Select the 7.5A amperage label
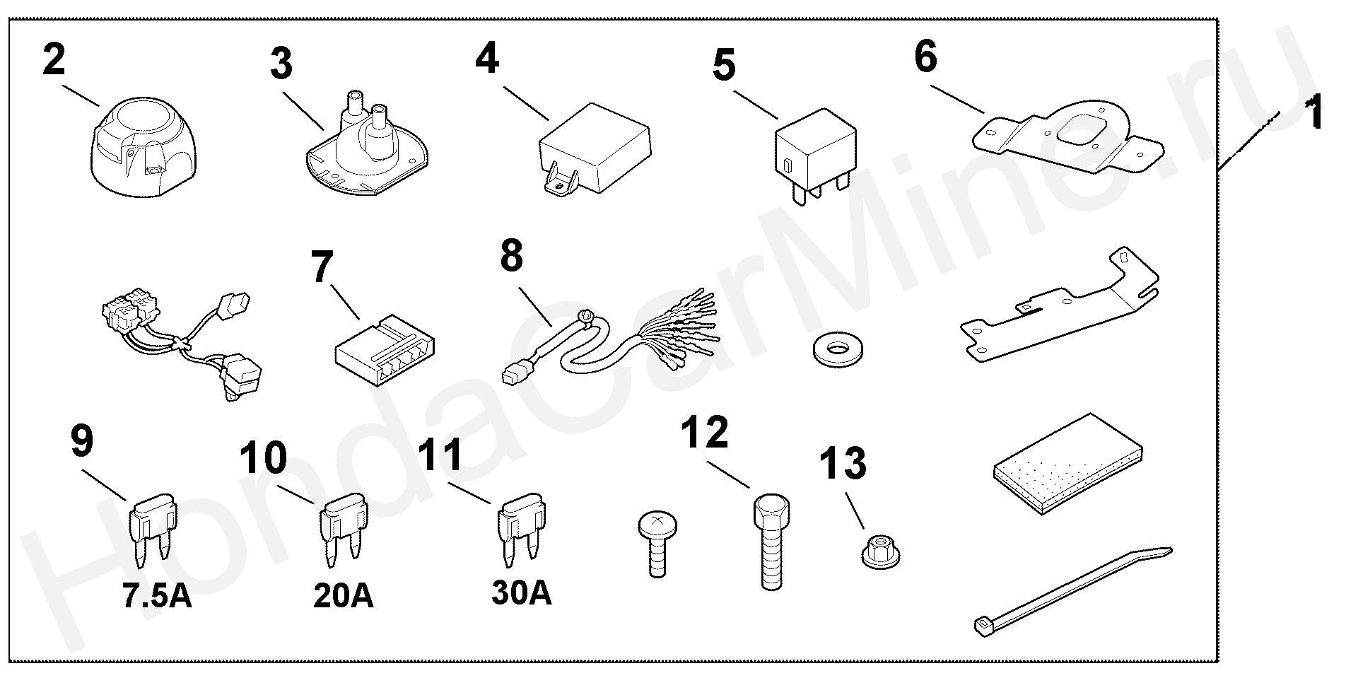click(x=156, y=596)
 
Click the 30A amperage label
click(x=522, y=593)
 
